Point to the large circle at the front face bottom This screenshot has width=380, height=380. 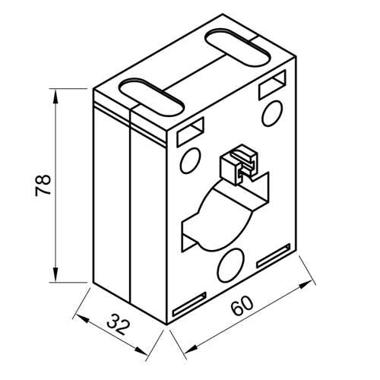[230, 265]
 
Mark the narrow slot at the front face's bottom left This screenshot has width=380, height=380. [189, 305]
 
